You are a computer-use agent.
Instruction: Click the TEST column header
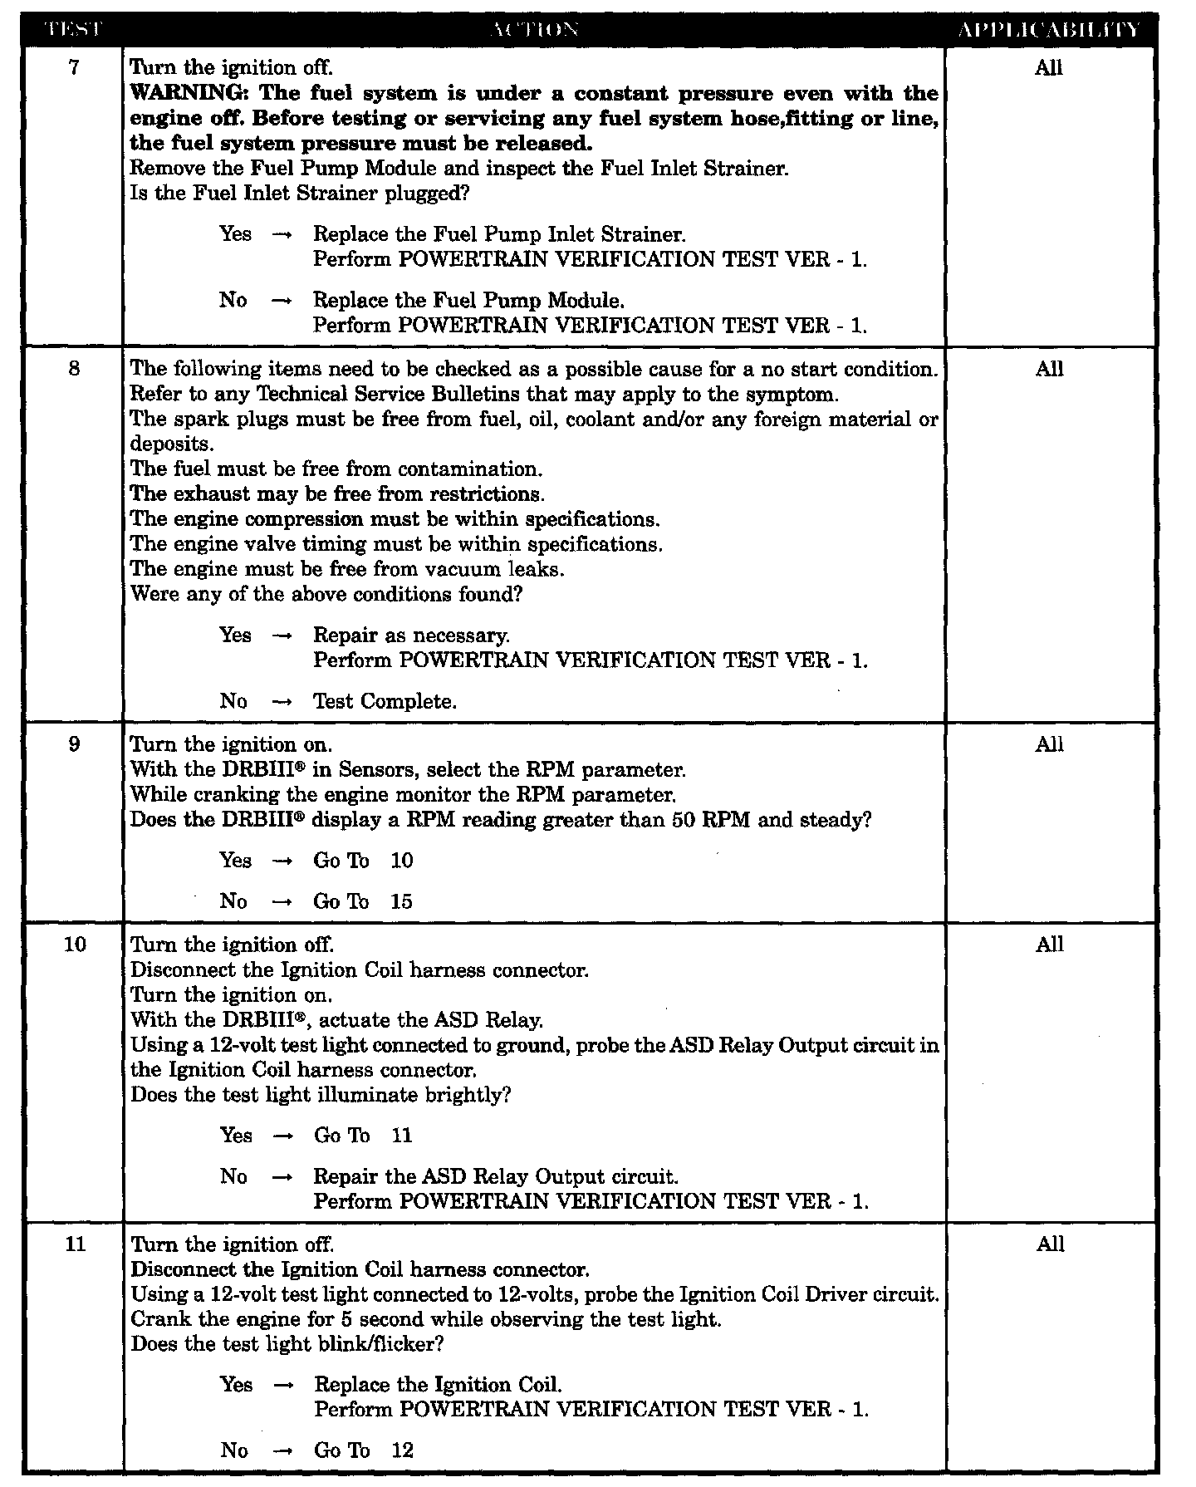(x=73, y=31)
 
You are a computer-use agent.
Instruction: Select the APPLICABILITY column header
(x=1049, y=31)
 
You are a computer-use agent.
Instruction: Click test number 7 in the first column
(x=74, y=68)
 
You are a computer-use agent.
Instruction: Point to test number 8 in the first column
(x=74, y=369)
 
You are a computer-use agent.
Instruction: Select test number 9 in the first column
(x=74, y=744)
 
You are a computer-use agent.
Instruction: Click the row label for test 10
(x=75, y=945)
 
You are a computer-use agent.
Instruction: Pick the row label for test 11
(x=75, y=1244)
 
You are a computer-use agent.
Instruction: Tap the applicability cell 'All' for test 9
(x=1049, y=744)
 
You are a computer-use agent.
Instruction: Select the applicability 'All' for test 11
(x=1050, y=1244)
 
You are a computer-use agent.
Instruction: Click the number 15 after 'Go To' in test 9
(x=401, y=902)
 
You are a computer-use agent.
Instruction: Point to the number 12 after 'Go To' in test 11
(x=402, y=1450)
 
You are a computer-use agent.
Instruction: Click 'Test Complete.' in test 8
(x=385, y=702)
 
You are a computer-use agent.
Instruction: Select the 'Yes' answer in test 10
(x=236, y=1136)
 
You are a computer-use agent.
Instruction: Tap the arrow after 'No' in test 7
(x=282, y=301)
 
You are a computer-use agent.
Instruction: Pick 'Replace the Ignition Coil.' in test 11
(x=438, y=1385)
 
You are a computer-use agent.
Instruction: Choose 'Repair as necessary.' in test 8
(x=411, y=636)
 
